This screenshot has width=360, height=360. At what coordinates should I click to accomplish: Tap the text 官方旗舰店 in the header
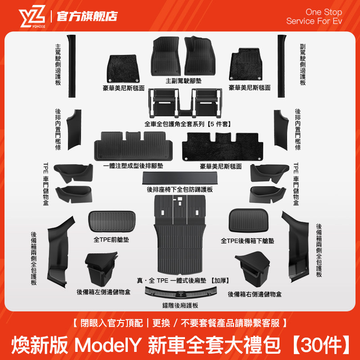click(x=87, y=16)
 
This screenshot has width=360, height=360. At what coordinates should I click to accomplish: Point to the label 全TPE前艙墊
click(x=111, y=240)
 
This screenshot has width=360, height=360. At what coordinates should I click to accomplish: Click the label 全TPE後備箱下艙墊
click(x=247, y=241)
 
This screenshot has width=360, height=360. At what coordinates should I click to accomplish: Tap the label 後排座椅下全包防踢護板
click(x=180, y=189)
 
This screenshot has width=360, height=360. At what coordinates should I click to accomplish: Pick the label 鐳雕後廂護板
click(x=180, y=305)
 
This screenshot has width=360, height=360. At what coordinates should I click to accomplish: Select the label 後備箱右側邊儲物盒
click(x=255, y=294)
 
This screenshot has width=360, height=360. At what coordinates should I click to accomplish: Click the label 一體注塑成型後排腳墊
click(x=133, y=166)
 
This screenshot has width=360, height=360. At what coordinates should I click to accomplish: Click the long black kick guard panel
click(x=180, y=179)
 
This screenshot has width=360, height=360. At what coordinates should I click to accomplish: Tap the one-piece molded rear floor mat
click(x=134, y=145)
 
